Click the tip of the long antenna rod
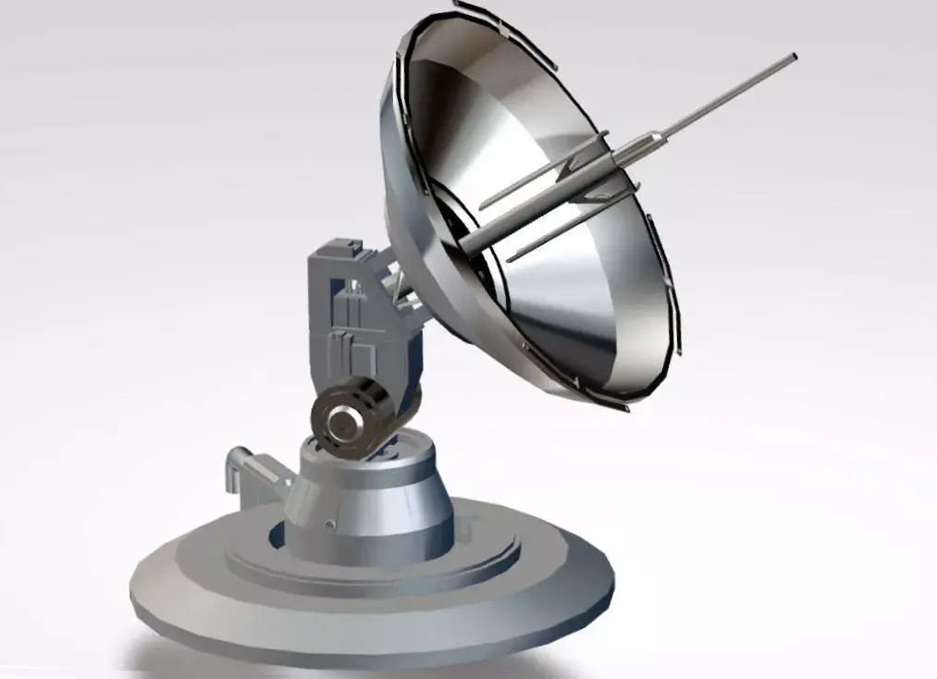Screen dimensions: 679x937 click(793, 57)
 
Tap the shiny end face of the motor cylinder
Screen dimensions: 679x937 click(345, 424)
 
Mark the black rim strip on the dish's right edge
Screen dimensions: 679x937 click(664, 278)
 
